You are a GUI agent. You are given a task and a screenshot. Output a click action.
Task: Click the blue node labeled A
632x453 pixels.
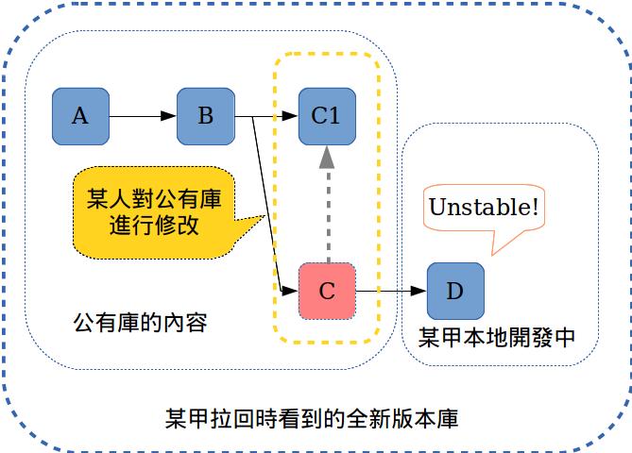tap(80, 116)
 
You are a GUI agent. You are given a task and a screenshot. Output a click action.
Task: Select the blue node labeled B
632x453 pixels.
tap(205, 116)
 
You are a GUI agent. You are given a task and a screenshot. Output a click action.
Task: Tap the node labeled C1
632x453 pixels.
tap(326, 116)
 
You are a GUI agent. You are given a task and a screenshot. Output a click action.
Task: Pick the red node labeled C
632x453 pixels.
tap(326, 291)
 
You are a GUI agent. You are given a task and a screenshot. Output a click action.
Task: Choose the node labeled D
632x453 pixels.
tap(454, 291)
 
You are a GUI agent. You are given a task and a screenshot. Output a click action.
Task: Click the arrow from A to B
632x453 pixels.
tap(142, 116)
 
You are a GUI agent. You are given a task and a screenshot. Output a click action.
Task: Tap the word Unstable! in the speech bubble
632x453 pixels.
tap(485, 206)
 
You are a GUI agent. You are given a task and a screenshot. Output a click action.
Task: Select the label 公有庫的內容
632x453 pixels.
tap(140, 322)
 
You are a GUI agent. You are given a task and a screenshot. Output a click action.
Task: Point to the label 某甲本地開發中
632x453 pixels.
tap(496, 337)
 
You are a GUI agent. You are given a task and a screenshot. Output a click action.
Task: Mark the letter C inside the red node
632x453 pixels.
tap(327, 291)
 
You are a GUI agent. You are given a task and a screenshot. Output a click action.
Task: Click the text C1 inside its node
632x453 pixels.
tap(326, 116)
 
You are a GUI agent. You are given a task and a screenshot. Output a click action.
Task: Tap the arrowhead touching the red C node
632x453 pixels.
tap(292, 283)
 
